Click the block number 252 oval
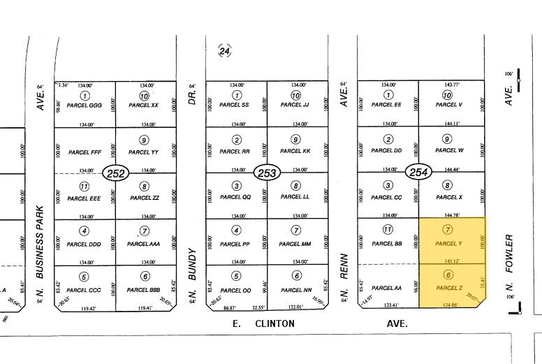pyautogui.click(x=115, y=173)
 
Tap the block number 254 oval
pyautogui.click(x=419, y=173)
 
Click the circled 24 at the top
pyautogui.click(x=224, y=51)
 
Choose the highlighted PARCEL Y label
pyautogui.click(x=448, y=243)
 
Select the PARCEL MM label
pyautogui.click(x=295, y=243)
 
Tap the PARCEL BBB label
pyautogui.click(x=144, y=289)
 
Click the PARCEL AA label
pyautogui.click(x=386, y=287)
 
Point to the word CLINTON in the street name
pyautogui.click(x=274, y=324)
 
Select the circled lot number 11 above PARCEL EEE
pyautogui.click(x=85, y=187)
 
